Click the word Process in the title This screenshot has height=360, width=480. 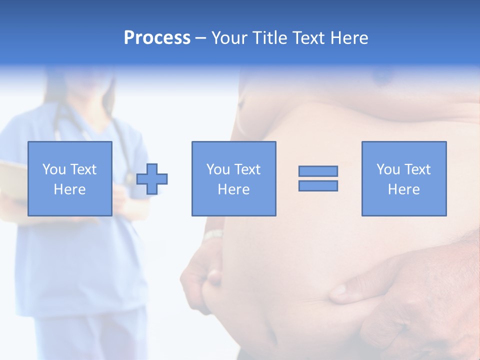pos(157,38)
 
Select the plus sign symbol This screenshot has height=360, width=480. pos(152,179)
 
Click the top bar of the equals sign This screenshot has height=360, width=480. pos(318,171)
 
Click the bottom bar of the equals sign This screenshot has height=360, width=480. pos(318,186)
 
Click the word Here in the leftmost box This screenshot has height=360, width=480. pos(69,189)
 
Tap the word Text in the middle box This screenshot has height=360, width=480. pos(247,169)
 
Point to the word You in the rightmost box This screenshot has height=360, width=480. pos(388,169)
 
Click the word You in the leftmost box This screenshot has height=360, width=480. pos(54,169)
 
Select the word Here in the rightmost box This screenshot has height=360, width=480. pos(403,189)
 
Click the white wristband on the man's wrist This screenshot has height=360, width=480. pos(213,234)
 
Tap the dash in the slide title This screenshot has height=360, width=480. pos(200,38)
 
